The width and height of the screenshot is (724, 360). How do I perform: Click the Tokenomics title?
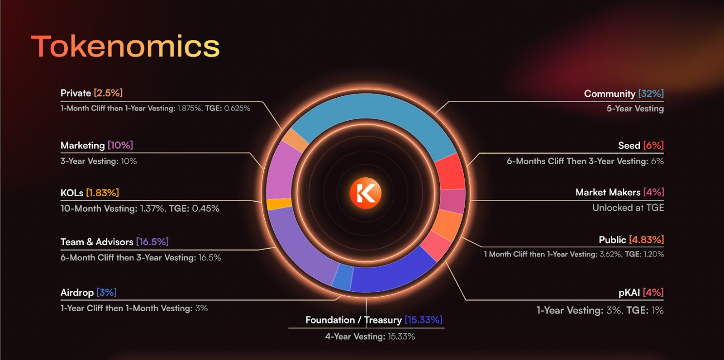pyautogui.click(x=125, y=47)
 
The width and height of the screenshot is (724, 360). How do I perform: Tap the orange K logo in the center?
pyautogui.click(x=366, y=193)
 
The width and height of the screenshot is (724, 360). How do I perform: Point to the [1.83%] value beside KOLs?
pyautogui.click(x=102, y=193)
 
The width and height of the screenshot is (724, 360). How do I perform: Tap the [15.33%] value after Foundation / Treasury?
pyautogui.click(x=424, y=320)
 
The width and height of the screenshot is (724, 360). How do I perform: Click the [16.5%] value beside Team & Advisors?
pyautogui.click(x=152, y=242)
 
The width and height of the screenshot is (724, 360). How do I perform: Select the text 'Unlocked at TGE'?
pyautogui.click(x=628, y=208)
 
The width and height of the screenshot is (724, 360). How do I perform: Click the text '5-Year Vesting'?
pyautogui.click(x=635, y=109)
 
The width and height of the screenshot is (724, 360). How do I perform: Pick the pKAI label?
pyautogui.click(x=629, y=293)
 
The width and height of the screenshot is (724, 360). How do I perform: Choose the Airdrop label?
pyautogui.click(x=77, y=293)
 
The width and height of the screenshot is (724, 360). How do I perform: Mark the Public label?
pyautogui.click(x=612, y=239)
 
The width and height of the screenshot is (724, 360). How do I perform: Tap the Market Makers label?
pyautogui.click(x=608, y=192)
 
